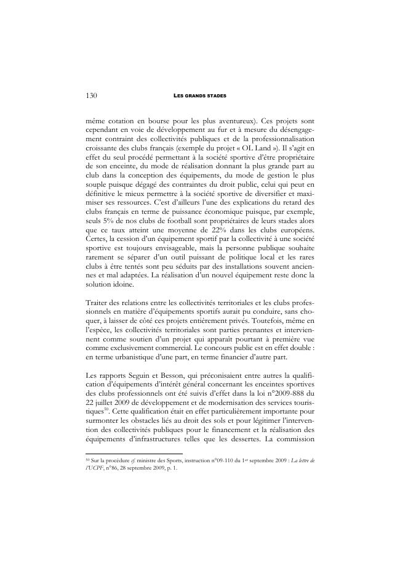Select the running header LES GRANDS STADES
[200, 96]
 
